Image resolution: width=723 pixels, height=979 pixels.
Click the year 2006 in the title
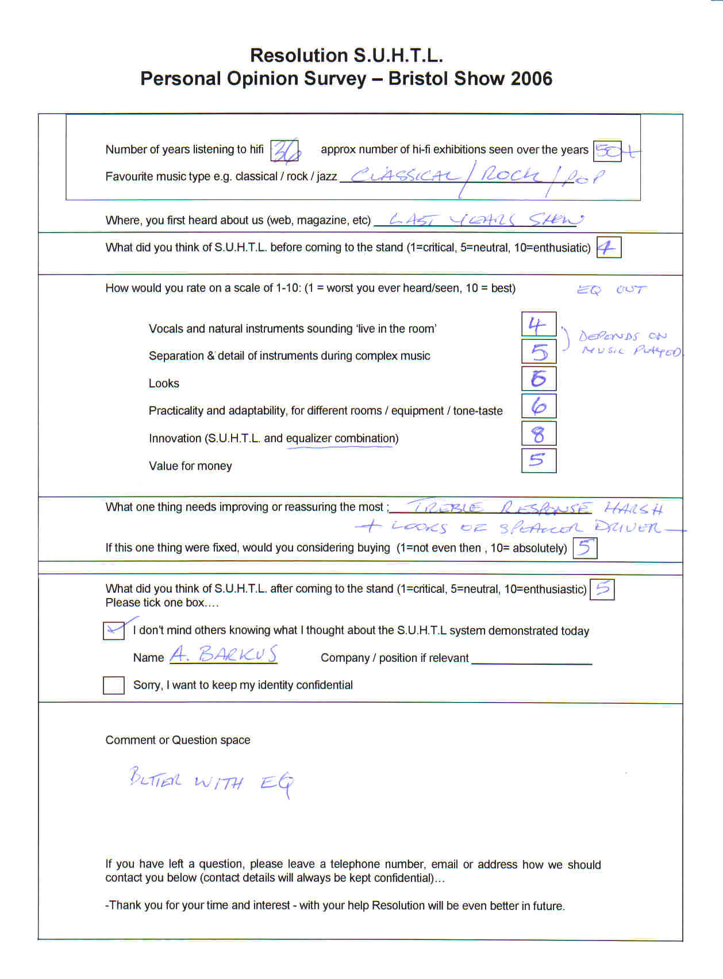coord(527,79)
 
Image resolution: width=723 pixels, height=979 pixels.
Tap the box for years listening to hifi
coord(284,151)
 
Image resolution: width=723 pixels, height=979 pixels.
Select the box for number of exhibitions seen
coord(607,151)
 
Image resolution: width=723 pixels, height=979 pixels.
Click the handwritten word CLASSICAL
coord(405,176)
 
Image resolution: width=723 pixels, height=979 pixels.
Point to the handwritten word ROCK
coord(510,175)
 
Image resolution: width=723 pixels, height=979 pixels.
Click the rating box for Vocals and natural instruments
coord(539,324)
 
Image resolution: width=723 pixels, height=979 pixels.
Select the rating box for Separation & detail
coord(539,351)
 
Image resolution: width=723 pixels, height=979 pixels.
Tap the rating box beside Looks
coord(539,379)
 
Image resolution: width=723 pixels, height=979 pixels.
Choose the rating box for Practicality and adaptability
coord(539,406)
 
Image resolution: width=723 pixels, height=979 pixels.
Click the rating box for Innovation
coord(539,433)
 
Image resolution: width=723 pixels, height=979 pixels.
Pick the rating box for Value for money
coord(539,460)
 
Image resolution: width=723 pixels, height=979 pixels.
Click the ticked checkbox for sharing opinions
coord(114,630)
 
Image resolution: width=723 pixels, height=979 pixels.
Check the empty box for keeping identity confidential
coord(114,685)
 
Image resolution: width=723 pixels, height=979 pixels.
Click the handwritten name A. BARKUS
coord(224,654)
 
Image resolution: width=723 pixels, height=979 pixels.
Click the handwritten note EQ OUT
coord(612,290)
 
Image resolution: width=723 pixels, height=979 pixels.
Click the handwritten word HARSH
coord(633,508)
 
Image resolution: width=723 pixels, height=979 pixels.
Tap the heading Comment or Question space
coord(178,740)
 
